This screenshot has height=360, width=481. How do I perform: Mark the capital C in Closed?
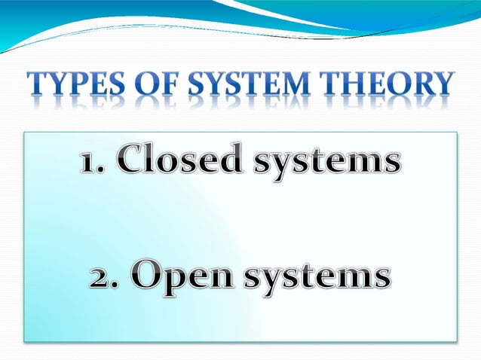coord(132,161)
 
